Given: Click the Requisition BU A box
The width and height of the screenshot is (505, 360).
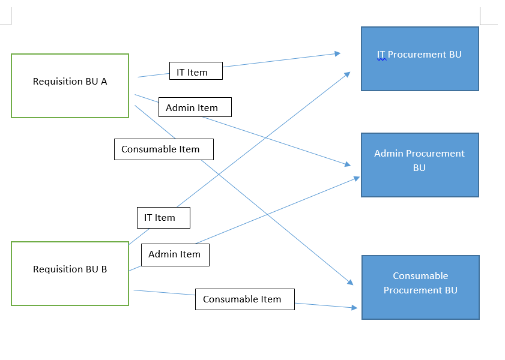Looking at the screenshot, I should [70, 86].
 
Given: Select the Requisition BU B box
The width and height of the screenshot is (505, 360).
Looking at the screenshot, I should [70, 274].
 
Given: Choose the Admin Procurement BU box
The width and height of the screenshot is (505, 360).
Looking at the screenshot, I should [420, 165].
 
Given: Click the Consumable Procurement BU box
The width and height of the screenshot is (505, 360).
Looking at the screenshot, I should [420, 287].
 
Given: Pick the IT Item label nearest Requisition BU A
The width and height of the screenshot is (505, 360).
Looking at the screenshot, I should [196, 71].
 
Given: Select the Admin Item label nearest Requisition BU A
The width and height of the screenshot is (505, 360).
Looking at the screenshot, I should [195, 107].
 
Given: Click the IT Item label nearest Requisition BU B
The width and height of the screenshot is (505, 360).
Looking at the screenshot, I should [163, 218].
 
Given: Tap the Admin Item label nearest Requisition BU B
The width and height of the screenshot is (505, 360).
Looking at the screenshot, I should [175, 254].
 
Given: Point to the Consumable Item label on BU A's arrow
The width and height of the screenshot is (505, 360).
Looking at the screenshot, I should [164, 149].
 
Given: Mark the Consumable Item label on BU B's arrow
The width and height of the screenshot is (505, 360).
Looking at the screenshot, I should [244, 299].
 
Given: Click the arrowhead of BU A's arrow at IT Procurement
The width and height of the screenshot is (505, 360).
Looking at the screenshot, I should [338, 53].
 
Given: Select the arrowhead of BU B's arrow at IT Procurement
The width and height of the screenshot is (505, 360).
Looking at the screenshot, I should [348, 73].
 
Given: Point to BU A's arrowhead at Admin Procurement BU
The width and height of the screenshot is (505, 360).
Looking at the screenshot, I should [348, 164].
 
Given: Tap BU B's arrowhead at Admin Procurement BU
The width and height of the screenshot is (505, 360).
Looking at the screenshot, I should [357, 178].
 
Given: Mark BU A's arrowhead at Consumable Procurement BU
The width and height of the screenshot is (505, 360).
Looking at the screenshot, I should [351, 283].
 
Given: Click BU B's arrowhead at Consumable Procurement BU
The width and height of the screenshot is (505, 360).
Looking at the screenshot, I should [355, 308].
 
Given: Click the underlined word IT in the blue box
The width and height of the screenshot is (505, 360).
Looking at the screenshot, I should [381, 55].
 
